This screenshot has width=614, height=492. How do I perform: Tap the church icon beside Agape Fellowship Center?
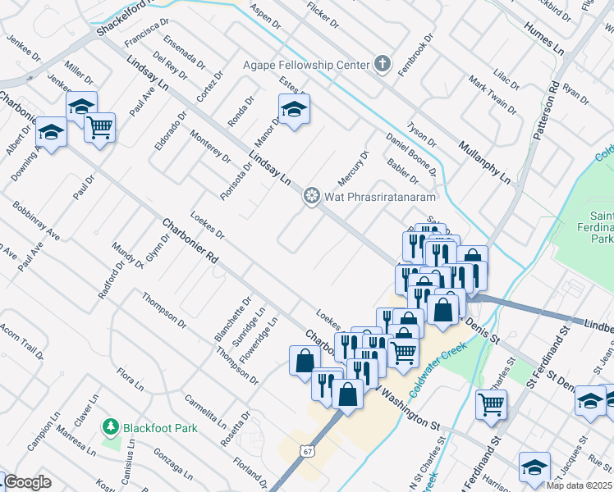click(x=381, y=64)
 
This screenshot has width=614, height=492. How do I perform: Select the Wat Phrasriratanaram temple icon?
click(x=310, y=196)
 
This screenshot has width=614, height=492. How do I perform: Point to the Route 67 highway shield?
click(x=306, y=452)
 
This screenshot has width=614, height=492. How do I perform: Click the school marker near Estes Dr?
click(x=294, y=110)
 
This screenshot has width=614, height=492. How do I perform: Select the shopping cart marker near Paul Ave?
click(x=99, y=127)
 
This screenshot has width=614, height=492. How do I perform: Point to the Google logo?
click(x=26, y=482)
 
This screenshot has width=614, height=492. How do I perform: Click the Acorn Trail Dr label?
click(x=22, y=339)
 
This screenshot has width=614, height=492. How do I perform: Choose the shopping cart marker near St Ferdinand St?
click(x=491, y=403)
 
